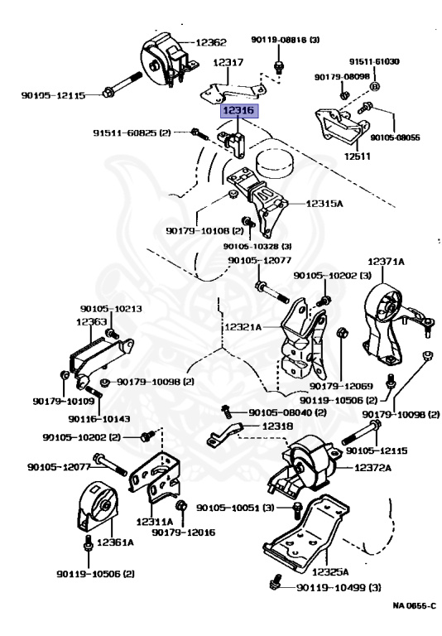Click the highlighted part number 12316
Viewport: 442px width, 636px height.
click(x=239, y=110)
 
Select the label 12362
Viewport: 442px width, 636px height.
click(x=211, y=42)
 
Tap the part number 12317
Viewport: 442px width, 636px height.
click(x=228, y=62)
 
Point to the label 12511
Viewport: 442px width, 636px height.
click(x=358, y=156)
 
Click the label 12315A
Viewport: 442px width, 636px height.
click(x=324, y=203)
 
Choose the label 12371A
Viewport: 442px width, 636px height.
click(x=386, y=262)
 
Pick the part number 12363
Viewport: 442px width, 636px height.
click(x=92, y=321)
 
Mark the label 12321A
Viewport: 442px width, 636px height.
click(x=243, y=327)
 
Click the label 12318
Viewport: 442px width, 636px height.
click(x=277, y=426)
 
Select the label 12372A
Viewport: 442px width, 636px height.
click(x=373, y=468)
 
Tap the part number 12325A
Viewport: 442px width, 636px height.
click(x=330, y=572)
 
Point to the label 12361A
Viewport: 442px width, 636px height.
click(x=116, y=542)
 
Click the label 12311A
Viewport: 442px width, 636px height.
click(x=155, y=522)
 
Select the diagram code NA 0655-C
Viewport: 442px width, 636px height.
click(x=415, y=605)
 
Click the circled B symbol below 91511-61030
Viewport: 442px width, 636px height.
click(x=375, y=86)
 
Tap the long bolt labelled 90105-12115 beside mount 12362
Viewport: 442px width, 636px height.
click(x=122, y=84)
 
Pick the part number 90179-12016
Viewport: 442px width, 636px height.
click(x=184, y=532)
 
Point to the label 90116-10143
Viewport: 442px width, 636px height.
click(x=99, y=418)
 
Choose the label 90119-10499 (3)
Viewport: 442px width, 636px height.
click(x=339, y=587)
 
